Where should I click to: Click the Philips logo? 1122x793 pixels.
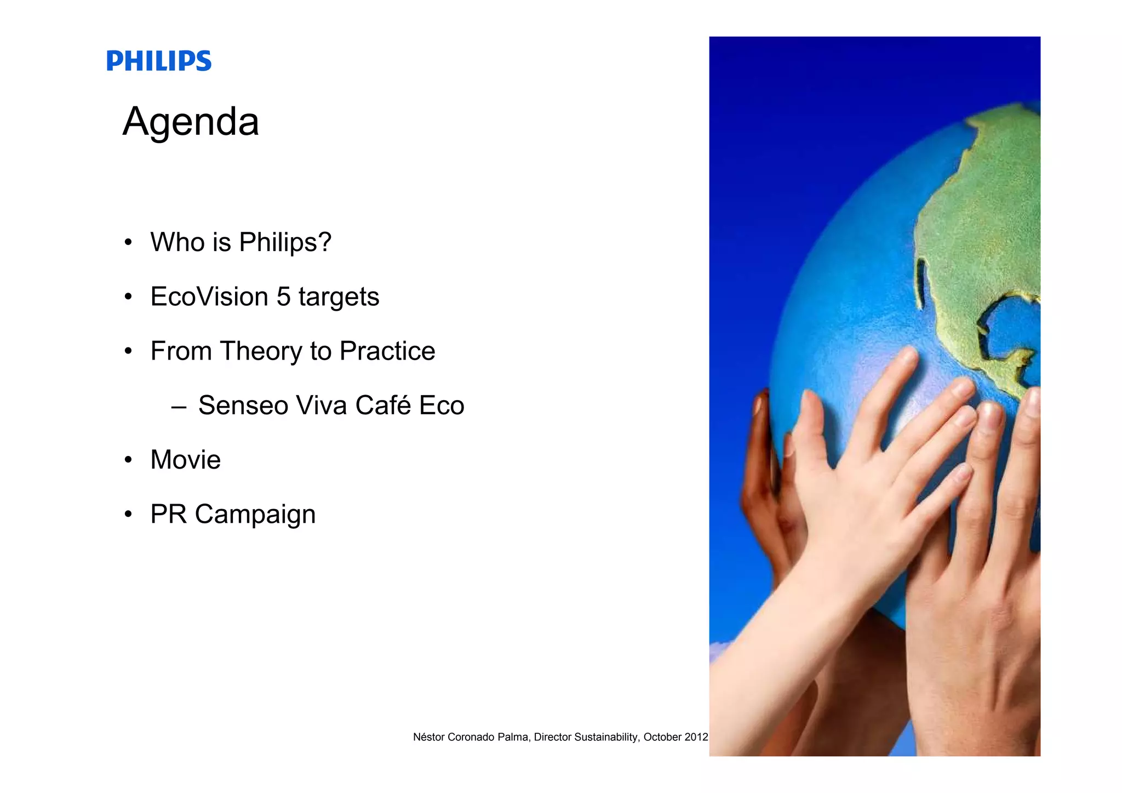(x=159, y=61)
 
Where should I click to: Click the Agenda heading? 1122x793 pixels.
(x=191, y=122)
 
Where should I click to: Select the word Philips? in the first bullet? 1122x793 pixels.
(x=285, y=242)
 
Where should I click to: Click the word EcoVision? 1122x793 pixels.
(x=209, y=296)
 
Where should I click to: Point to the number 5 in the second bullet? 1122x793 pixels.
(x=283, y=296)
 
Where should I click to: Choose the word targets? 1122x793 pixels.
(x=339, y=298)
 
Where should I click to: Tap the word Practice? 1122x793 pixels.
(x=387, y=351)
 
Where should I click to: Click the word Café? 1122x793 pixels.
(x=383, y=405)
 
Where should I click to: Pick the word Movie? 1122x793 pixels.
(x=185, y=459)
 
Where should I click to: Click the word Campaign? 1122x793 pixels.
(x=255, y=515)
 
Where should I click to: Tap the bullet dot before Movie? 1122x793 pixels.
(x=128, y=460)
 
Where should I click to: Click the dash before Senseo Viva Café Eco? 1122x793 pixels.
(x=179, y=407)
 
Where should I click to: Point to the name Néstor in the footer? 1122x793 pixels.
(x=429, y=737)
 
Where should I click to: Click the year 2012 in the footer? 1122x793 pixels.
(x=696, y=737)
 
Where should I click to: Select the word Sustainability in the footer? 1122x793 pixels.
(x=606, y=737)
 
